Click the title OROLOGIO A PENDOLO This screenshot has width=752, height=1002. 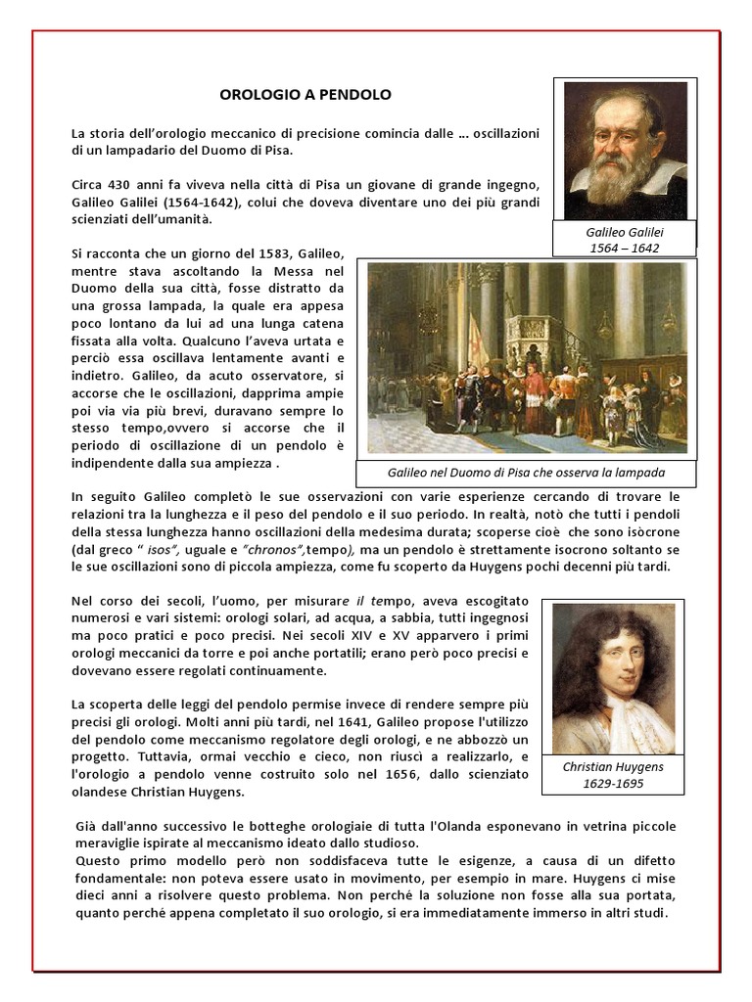tap(305, 95)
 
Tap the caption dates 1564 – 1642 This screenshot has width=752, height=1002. tap(624, 249)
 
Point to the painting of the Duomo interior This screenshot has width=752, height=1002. tap(527, 357)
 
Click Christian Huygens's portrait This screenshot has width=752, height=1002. tap(614, 677)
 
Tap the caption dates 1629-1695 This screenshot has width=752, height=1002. tap(614, 785)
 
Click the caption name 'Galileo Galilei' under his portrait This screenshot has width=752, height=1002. tap(624, 232)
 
